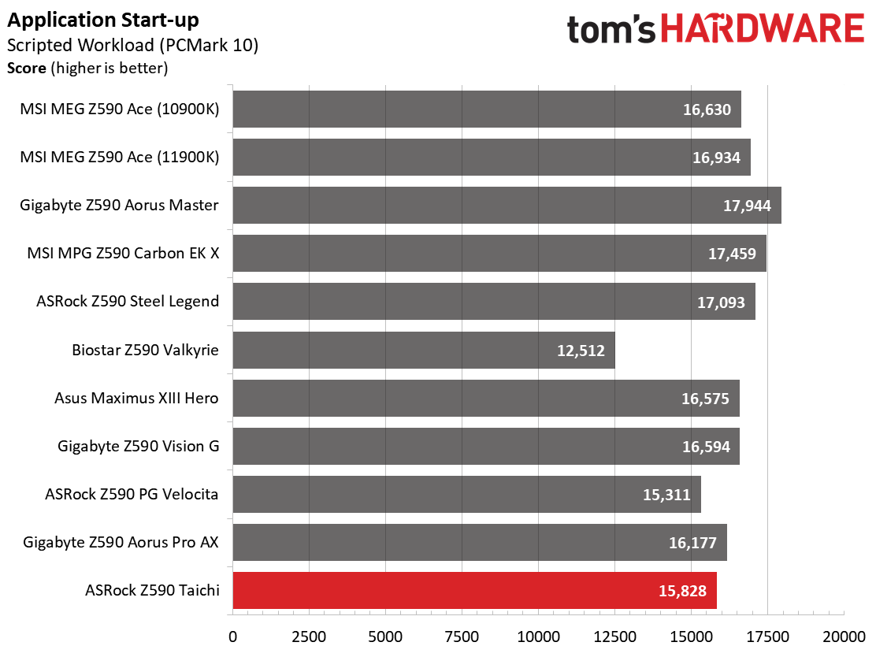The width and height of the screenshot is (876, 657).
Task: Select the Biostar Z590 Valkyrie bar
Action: (423, 351)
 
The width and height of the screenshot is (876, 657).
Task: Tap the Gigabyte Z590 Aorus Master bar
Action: (507, 206)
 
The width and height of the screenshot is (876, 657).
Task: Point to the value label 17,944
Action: (748, 206)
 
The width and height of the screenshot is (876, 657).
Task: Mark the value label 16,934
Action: (716, 158)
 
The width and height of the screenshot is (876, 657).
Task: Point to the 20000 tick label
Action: (843, 635)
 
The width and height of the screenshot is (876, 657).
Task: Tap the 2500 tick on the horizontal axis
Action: (309, 635)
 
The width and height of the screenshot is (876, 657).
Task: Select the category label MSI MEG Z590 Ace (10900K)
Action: (120, 109)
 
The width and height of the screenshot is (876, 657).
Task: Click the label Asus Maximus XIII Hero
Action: (136, 399)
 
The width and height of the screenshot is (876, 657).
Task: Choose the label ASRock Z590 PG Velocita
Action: (132, 495)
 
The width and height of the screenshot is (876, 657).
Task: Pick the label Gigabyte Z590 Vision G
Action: (138, 447)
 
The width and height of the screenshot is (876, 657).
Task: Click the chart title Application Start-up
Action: (103, 20)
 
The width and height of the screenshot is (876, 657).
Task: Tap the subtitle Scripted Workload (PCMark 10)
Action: (132, 45)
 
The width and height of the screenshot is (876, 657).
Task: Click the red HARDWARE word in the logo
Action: (763, 29)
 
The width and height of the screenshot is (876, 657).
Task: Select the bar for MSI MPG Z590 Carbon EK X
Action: (499, 254)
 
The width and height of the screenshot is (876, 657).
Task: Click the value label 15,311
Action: (666, 495)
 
